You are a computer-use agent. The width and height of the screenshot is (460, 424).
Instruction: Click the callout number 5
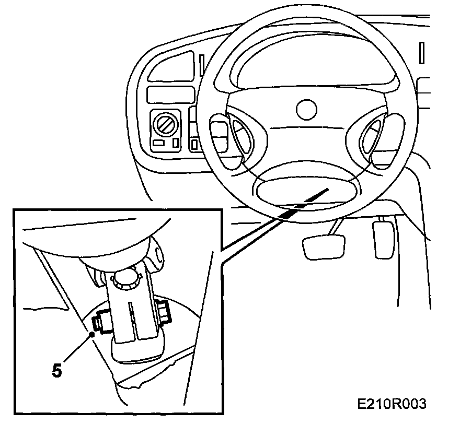(x=57, y=370)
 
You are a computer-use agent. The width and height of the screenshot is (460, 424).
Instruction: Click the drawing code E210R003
(x=392, y=404)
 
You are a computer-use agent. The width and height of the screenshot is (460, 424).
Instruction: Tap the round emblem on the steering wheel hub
(x=306, y=109)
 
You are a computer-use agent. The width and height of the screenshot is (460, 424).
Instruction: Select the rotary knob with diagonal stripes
(x=164, y=125)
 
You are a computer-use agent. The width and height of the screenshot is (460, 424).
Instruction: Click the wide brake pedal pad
(x=324, y=246)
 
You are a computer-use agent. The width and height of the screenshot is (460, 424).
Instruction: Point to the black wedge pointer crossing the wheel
(x=303, y=204)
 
